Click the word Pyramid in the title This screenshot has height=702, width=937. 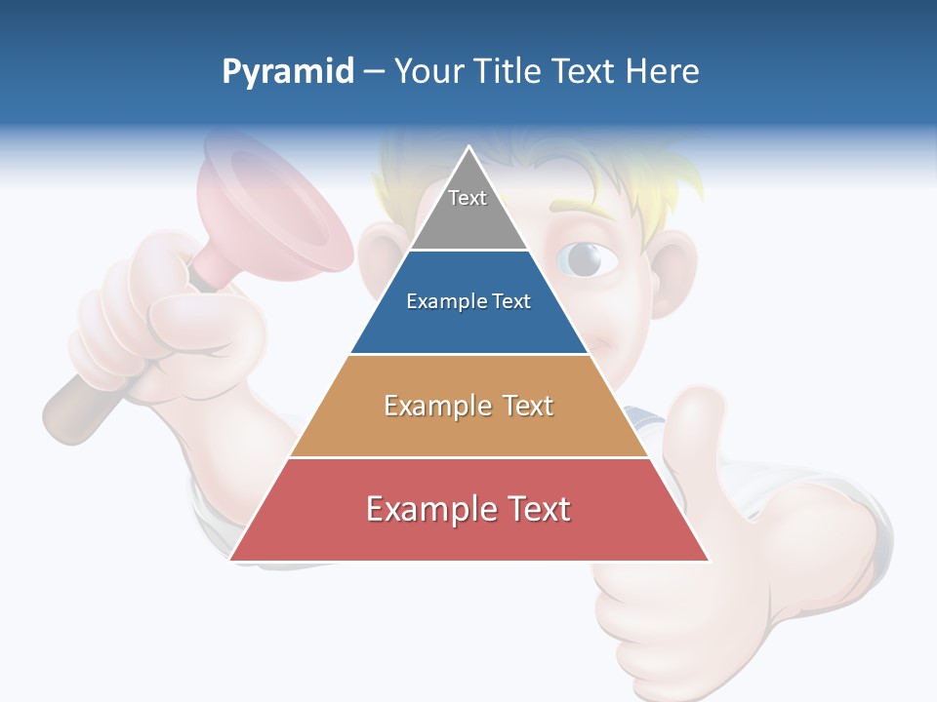pos(288,72)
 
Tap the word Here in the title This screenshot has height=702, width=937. pos(662,72)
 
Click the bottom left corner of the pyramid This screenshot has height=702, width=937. pos(231,560)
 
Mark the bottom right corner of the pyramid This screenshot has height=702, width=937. pos(708,560)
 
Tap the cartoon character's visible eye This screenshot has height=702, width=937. pos(586,258)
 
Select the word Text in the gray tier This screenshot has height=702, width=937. pos(468,198)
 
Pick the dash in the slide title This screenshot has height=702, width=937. pos(374,72)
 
